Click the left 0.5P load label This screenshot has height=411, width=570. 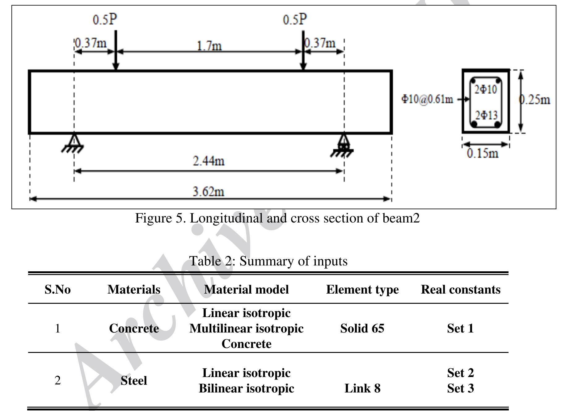point(105,19)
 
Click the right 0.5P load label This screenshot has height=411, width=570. point(295,19)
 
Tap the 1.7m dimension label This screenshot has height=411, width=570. point(209,46)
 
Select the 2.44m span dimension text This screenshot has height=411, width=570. point(209,161)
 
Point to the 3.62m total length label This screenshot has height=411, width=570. point(209,192)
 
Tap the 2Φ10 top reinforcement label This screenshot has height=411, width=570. point(486,90)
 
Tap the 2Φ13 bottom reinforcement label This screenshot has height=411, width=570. point(486,115)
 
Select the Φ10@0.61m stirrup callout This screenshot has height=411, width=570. point(427,99)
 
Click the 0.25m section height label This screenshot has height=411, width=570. point(534,100)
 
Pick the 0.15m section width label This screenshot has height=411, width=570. point(483,153)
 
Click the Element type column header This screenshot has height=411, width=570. point(362,290)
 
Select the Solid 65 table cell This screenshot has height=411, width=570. point(362,328)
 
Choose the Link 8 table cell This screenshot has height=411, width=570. point(362,388)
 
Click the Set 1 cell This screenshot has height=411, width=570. point(460,328)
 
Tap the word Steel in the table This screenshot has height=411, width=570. point(134,380)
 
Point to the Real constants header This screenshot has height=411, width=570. point(461,290)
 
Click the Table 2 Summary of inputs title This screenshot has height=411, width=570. point(268,261)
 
